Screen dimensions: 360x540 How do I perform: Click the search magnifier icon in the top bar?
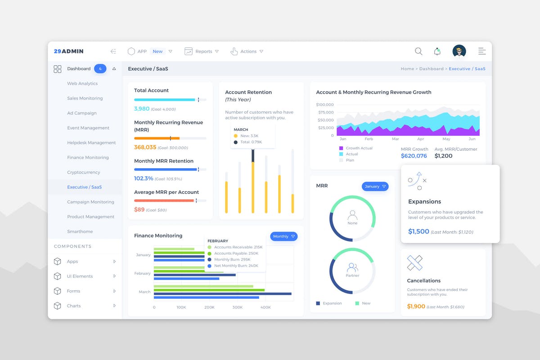coord(418,51)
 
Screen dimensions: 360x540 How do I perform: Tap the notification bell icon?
coord(437,51)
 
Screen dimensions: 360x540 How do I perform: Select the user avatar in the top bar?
coord(459,51)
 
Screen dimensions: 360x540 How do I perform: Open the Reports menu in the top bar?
coord(201,51)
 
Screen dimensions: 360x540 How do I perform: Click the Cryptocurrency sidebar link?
coord(84,172)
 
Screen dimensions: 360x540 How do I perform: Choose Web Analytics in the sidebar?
coord(82,84)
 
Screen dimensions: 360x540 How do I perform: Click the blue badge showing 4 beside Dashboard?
coord(100,69)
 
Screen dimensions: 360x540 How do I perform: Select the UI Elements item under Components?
coord(80,276)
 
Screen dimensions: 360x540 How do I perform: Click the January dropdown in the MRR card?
coord(375,186)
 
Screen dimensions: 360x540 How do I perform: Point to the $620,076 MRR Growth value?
coord(414,156)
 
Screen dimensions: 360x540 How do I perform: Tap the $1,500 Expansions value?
coord(418,231)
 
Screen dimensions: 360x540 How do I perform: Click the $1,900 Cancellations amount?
coord(416,306)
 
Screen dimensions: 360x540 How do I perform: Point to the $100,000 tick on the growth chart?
coord(325,104)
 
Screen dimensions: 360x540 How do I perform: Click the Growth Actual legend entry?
coord(359,148)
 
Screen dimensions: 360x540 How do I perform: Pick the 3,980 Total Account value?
coord(142,109)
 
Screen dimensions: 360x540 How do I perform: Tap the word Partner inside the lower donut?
coord(352,276)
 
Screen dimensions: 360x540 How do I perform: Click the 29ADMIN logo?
coord(68,51)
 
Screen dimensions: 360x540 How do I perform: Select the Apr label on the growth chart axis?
coord(421,139)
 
